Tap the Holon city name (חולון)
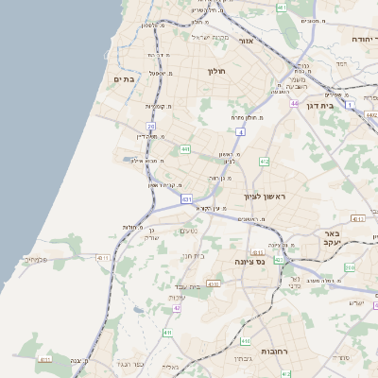click(x=215, y=71)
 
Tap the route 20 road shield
click(x=151, y=126)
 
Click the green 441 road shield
click(x=185, y=149)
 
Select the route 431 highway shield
click(x=186, y=199)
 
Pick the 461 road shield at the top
click(x=282, y=8)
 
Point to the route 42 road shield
click(x=177, y=308)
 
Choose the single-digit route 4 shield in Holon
click(x=241, y=133)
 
